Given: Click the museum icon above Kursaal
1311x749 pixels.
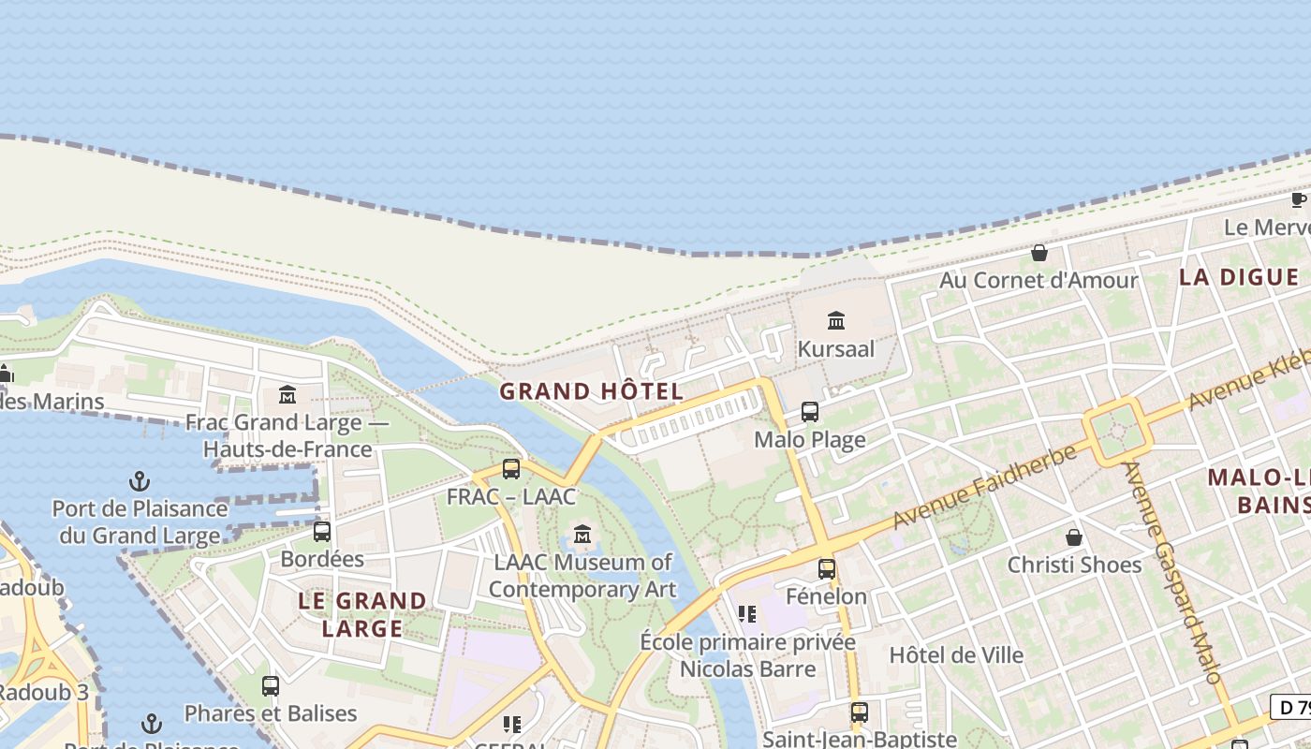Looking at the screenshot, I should point(836,322).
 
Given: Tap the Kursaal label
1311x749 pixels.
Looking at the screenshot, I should point(836,349).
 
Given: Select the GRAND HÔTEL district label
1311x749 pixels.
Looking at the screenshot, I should point(591,391).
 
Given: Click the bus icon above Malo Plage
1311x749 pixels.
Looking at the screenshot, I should point(810,412).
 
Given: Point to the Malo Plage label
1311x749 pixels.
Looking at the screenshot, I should point(810,440).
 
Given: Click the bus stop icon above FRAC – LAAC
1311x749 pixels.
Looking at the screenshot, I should point(511,469).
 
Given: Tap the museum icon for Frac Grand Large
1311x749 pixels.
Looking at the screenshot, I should point(287,395).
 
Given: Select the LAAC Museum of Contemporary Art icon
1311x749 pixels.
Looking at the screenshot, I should point(582,535).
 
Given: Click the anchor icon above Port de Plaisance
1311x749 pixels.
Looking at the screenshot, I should point(140,482).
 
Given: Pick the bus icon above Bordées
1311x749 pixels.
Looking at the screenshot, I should point(322,532).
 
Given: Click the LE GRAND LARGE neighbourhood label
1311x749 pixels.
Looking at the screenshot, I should point(362,614).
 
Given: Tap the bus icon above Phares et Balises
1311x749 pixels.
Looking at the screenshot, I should point(271,686).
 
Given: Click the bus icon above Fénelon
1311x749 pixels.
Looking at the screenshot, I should point(827,568).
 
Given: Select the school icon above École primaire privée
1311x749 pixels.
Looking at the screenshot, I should point(747,614).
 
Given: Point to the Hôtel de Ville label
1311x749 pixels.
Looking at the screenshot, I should point(956,654).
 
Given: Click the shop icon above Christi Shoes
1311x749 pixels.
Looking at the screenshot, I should point(1074,537).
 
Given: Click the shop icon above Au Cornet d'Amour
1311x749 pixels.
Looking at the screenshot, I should point(1039,253).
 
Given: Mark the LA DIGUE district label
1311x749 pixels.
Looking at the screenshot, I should point(1239,277).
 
